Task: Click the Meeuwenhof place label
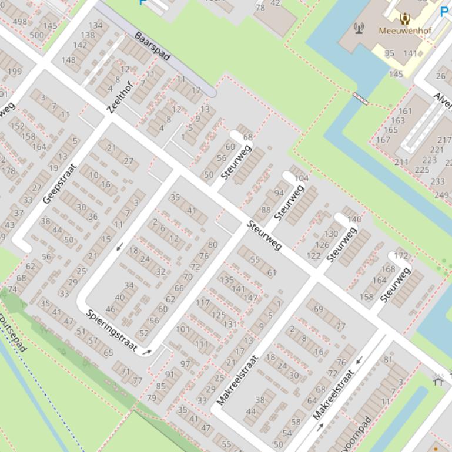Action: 404,31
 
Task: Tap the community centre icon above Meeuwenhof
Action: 405,18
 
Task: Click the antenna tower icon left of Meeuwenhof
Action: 359,27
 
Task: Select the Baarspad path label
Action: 152,46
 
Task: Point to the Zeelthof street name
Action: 120,97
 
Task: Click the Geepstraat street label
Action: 60,183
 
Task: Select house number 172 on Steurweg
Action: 401,256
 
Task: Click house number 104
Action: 301,178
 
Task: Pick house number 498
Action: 19,22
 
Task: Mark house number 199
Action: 14,72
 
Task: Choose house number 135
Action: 226,280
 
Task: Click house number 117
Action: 203,303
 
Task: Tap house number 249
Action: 441,195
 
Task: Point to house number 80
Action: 213,245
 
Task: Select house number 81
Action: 388,359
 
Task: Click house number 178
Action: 8,171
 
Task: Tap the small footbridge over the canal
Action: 360,99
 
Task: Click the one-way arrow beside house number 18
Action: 120,247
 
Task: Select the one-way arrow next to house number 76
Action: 360,359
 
